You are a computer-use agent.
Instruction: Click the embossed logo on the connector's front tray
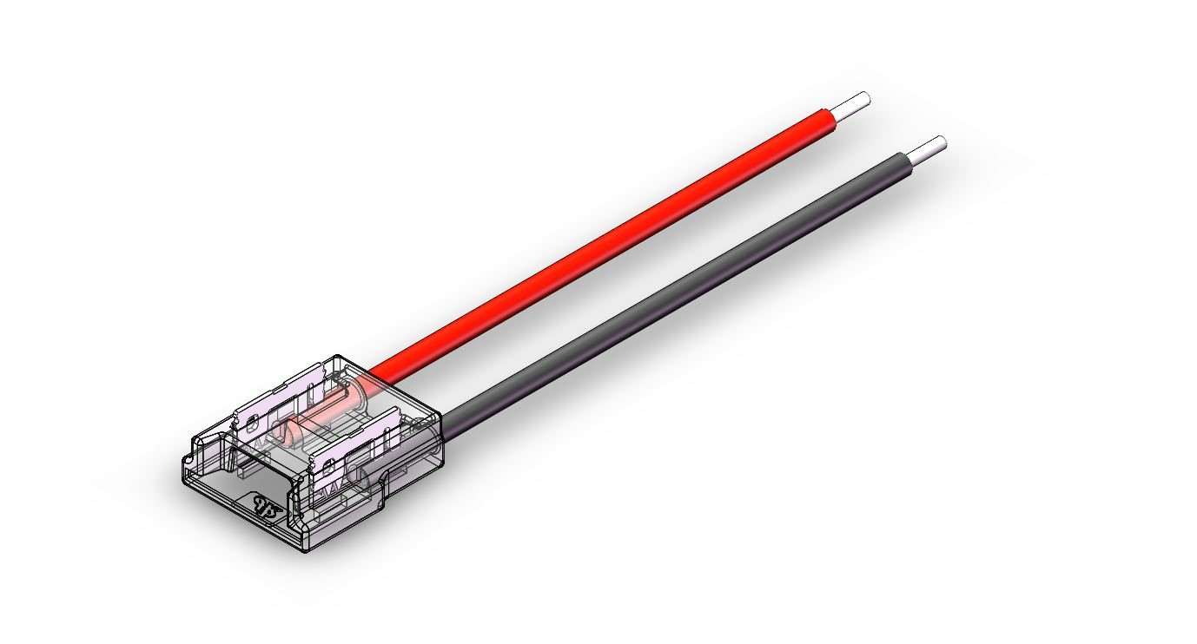264,507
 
